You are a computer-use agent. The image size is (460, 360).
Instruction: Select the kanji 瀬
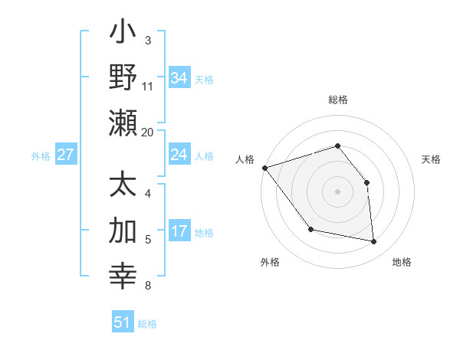pyautogui.click(x=123, y=123)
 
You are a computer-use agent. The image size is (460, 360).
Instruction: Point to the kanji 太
pyautogui.click(x=123, y=186)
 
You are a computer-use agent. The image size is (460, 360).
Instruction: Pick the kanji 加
pyautogui.click(x=123, y=231)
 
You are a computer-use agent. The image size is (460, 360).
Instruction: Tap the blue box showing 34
pyautogui.click(x=179, y=78)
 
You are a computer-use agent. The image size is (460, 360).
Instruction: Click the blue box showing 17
pyautogui.click(x=179, y=231)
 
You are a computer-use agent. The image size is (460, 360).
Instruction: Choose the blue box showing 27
pyautogui.click(x=65, y=155)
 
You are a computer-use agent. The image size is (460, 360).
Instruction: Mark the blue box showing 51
pyautogui.click(x=123, y=322)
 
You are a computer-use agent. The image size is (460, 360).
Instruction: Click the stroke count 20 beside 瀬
pyautogui.click(x=148, y=132)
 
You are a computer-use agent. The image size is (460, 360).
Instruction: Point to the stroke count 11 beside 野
pyautogui.click(x=148, y=86)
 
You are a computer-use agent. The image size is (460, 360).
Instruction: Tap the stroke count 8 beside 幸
pyautogui.click(x=148, y=286)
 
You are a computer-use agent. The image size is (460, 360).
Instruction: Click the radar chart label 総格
pyautogui.click(x=337, y=100)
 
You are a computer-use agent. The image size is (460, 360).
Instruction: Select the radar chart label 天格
pyautogui.click(x=431, y=159)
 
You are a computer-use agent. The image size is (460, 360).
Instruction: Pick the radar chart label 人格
pyautogui.click(x=245, y=159)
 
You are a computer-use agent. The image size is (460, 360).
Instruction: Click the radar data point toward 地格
pyautogui.click(x=374, y=242)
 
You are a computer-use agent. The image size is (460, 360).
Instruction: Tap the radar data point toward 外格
pyautogui.click(x=310, y=229)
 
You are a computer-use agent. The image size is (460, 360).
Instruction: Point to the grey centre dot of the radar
pyautogui.click(x=337, y=191)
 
